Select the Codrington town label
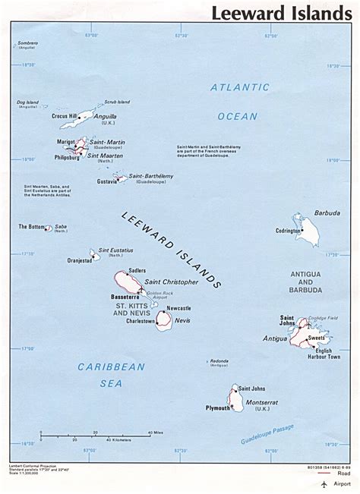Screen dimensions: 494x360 (x=289, y=230)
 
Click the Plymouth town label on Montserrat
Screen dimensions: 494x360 (x=217, y=407)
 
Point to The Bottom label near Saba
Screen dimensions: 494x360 (x=33, y=226)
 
